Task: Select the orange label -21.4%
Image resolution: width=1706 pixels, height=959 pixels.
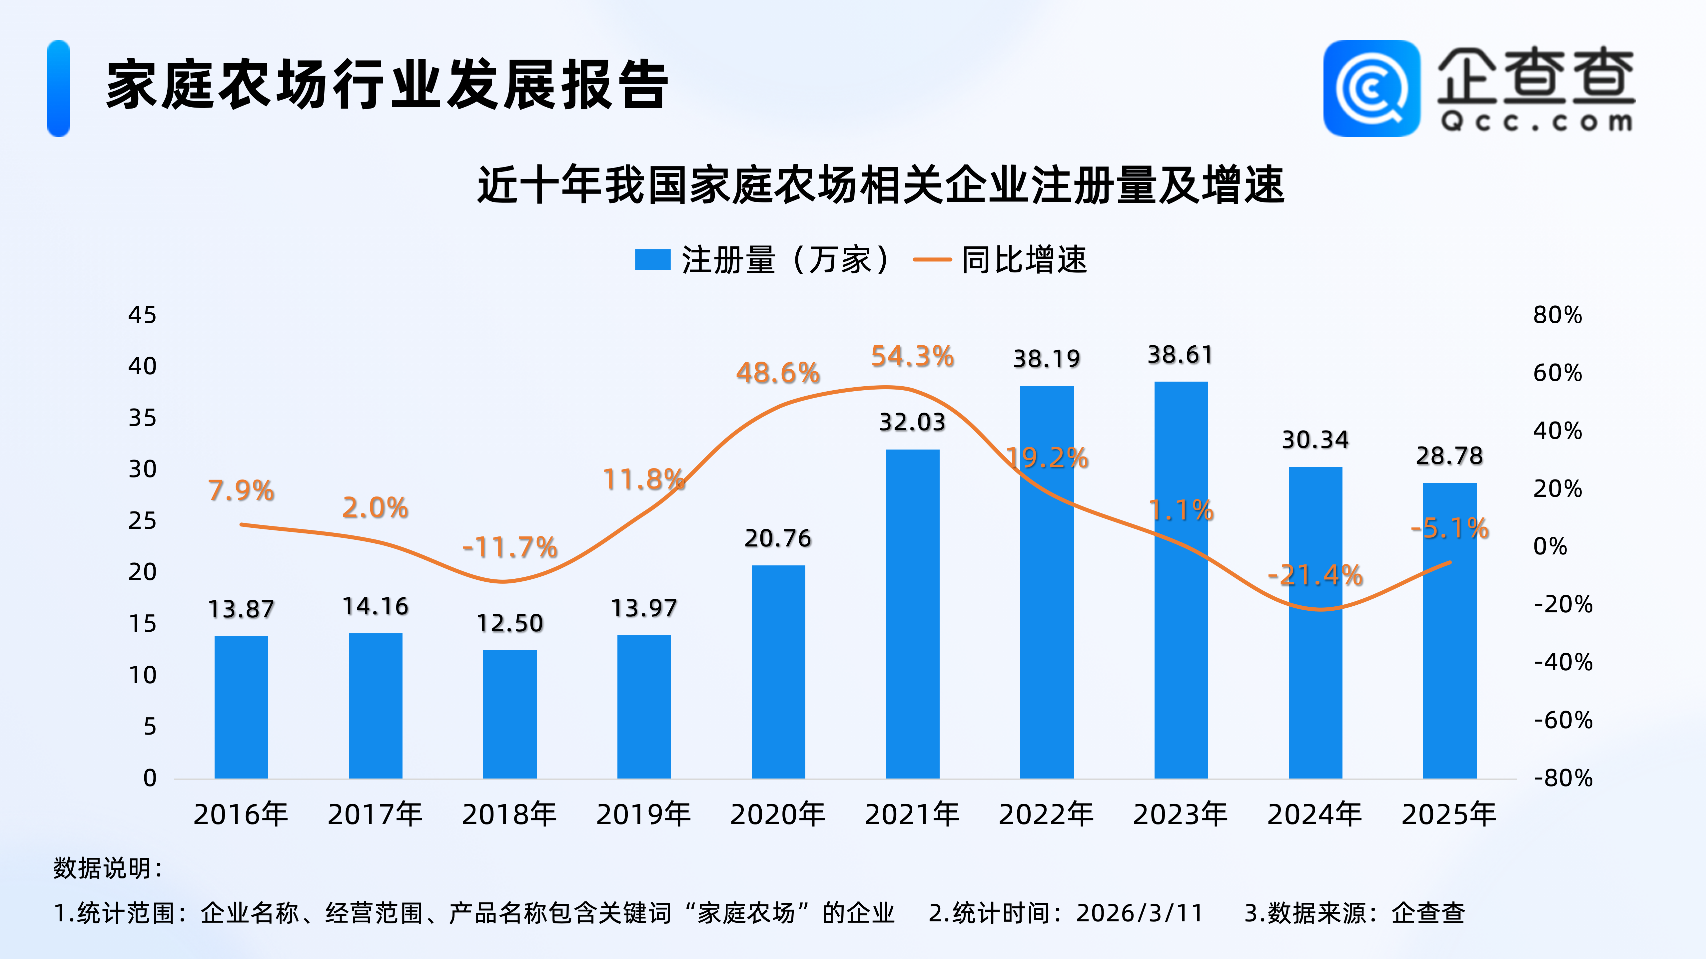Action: (x=1314, y=575)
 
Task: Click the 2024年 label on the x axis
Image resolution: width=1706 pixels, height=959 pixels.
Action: (x=1314, y=814)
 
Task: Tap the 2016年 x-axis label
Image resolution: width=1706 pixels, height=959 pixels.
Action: (x=240, y=814)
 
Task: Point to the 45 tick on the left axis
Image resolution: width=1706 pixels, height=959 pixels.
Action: (x=142, y=315)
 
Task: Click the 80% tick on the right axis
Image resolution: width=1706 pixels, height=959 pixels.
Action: (x=1557, y=315)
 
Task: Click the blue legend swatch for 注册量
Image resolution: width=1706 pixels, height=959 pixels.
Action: (x=652, y=259)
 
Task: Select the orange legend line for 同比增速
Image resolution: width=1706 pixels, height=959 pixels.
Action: (x=932, y=259)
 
